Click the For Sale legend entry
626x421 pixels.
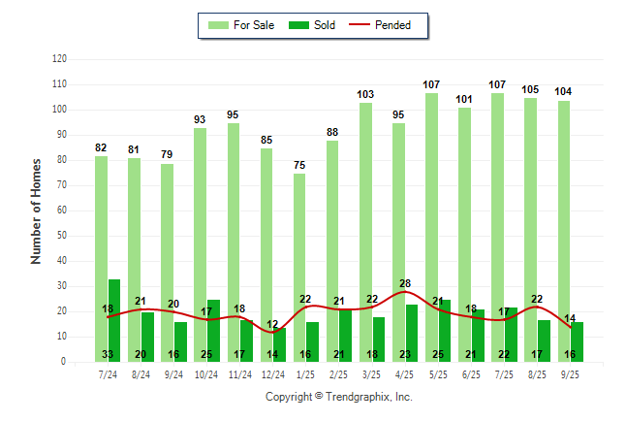pos(239,25)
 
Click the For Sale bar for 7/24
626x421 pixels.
pos(101,233)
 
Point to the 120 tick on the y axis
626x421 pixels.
pos(59,59)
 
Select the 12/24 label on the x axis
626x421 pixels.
pos(272,373)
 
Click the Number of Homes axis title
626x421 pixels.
pos(36,210)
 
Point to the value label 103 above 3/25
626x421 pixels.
pos(365,94)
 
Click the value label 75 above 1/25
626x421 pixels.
pos(299,165)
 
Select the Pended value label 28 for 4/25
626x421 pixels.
pos(405,283)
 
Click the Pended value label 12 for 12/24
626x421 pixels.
pos(272,324)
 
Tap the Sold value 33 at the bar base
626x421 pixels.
pos(108,354)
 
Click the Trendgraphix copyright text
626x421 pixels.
pos(338,397)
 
